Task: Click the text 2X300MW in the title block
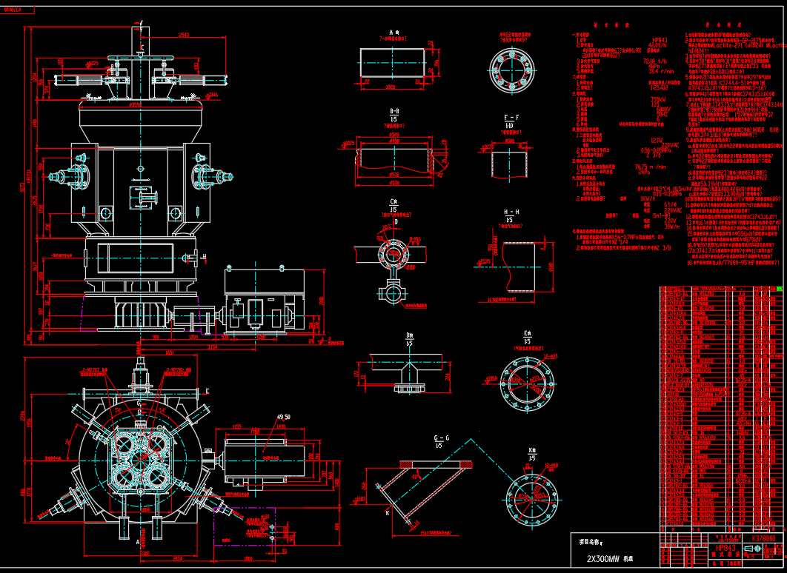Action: tap(602, 559)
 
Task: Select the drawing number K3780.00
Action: tap(763, 538)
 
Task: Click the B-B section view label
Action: tap(395, 113)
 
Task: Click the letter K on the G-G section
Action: tap(387, 512)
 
